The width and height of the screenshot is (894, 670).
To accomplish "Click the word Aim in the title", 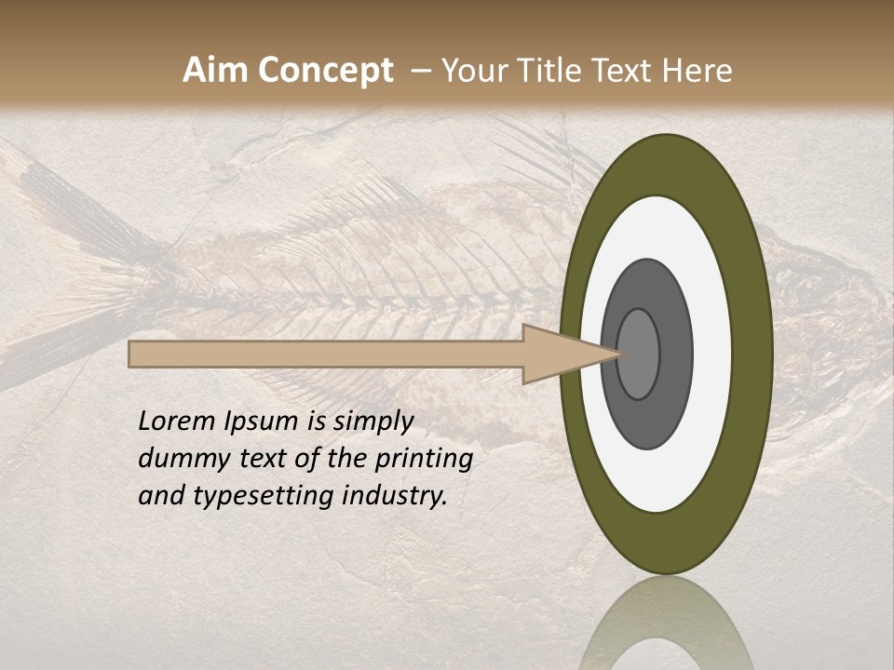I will pyautogui.click(x=217, y=71).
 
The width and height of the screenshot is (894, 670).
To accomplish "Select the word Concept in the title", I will pyautogui.click(x=326, y=71).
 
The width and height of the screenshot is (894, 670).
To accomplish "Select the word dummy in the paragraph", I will pyautogui.click(x=180, y=459).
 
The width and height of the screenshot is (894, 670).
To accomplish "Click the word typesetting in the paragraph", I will pyautogui.click(x=262, y=496).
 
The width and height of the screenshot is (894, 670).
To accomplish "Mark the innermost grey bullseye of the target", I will pyautogui.click(x=638, y=354).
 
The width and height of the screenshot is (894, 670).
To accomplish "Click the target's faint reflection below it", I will pyautogui.click(x=666, y=623).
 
